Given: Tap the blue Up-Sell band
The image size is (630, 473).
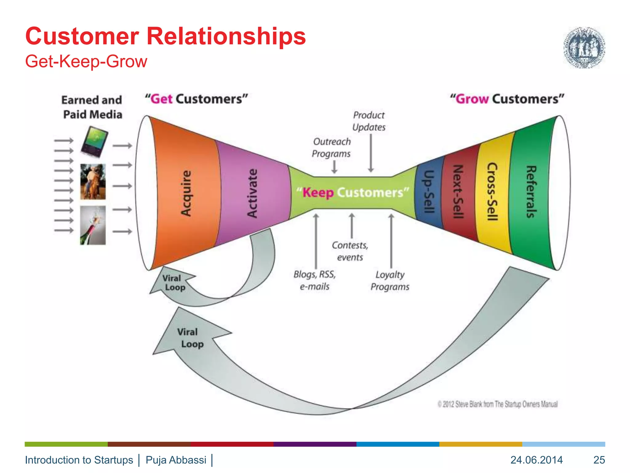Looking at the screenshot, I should coord(429,192).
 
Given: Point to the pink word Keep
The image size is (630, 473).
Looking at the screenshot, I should coord(318,193).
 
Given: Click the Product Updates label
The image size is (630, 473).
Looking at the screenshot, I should coord(369,121).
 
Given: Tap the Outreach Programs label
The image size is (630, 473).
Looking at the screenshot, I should coord(331,148).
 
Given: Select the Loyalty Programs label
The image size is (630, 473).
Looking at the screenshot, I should coord(390,281).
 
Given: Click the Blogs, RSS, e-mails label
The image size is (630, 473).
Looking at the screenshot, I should coord(314,280).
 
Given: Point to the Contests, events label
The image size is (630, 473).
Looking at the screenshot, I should coord(350,251).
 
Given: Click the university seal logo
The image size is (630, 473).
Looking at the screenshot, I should coord(584,47).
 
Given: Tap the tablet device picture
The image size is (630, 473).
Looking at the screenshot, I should coord(94,142).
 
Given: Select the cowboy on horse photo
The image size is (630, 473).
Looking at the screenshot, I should coord(93,182).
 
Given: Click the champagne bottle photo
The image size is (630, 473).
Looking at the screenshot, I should coord(93,225).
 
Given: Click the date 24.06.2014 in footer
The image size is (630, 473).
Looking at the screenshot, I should coord(536,460).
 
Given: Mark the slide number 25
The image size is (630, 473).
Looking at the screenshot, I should coord(599,460).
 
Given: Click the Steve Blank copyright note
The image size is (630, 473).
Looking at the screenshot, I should coord(497,404).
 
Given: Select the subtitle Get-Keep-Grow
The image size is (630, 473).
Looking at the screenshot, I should coord(86,61).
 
